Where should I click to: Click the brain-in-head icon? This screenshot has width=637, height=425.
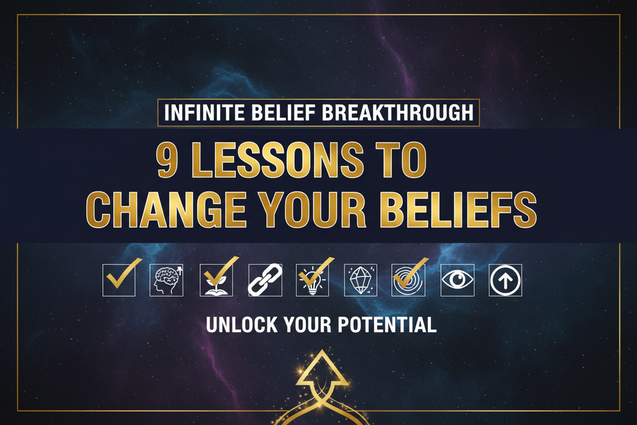(x=166, y=280)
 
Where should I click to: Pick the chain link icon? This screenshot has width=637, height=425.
(x=264, y=280)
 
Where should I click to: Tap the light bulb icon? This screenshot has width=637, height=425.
(x=312, y=280)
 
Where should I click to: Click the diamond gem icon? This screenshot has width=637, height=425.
(x=360, y=280)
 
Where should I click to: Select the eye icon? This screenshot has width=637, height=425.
(x=457, y=280)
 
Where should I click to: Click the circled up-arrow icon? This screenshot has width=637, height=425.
(x=505, y=280)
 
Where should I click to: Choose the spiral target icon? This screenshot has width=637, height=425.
(x=408, y=280)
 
